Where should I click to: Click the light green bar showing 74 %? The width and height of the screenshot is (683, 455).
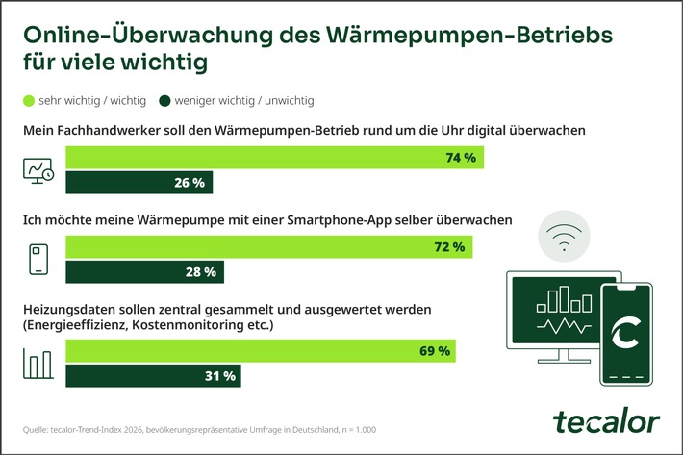click(x=274, y=158)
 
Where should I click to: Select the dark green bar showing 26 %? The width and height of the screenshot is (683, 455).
click(x=139, y=183)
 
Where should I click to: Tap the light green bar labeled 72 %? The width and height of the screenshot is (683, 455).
click(x=268, y=248)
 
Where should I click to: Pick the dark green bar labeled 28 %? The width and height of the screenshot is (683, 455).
click(x=143, y=272)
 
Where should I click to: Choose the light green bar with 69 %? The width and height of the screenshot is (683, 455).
click(x=260, y=351)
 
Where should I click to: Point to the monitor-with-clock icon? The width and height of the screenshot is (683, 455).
click(x=39, y=170)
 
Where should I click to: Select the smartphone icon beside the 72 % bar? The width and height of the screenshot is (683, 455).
click(x=39, y=261)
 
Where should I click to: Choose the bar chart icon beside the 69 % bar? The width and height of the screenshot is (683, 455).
click(x=39, y=364)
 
